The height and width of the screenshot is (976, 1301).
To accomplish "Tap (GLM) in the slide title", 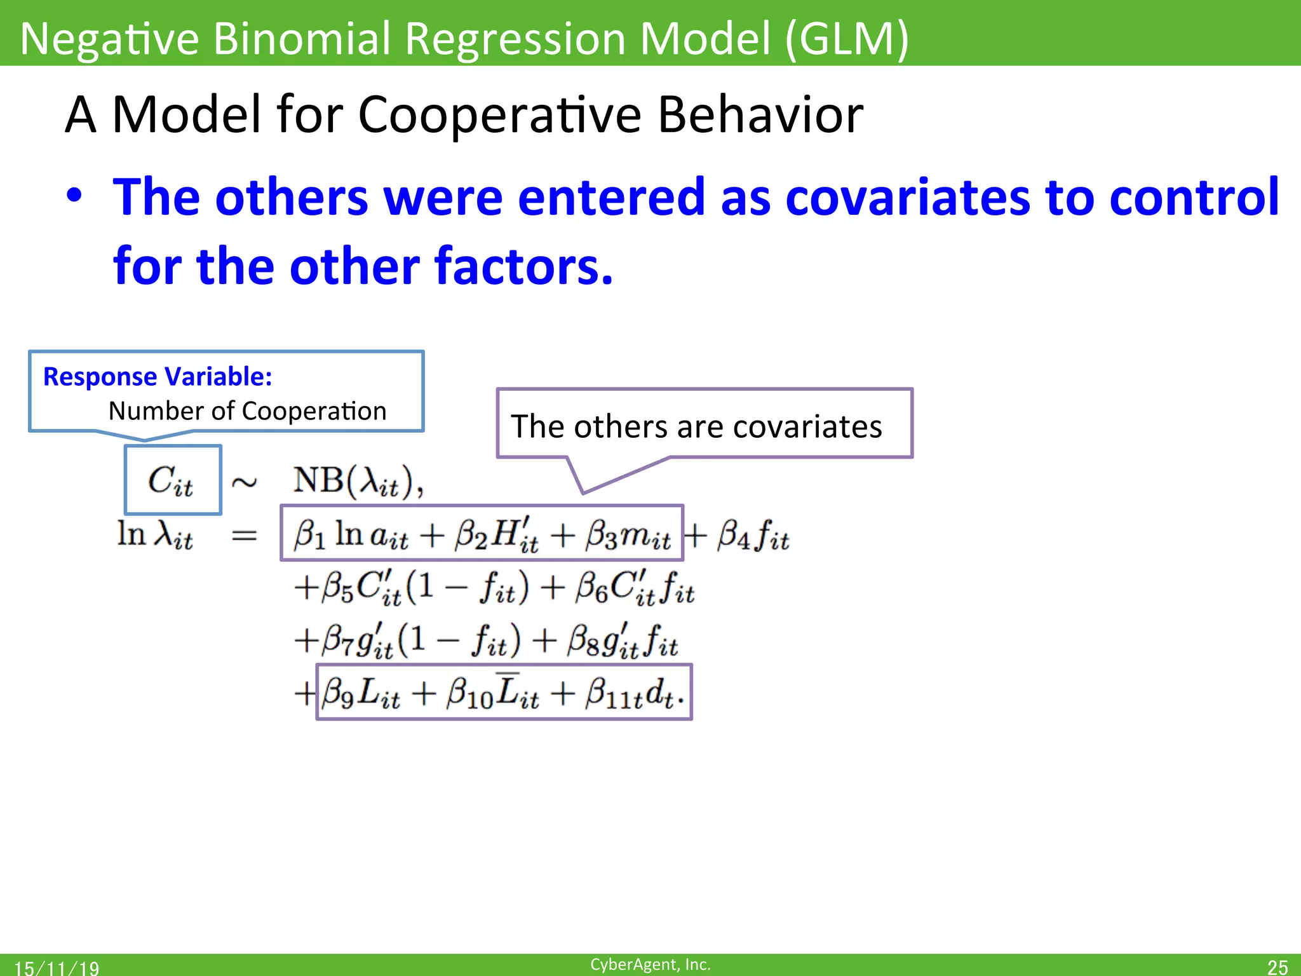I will click(x=846, y=38).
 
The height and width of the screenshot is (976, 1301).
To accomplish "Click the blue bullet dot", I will click(x=74, y=197).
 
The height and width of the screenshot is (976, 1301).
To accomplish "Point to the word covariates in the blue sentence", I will click(x=907, y=197).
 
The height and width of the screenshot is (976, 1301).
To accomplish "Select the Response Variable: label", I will click(x=158, y=377).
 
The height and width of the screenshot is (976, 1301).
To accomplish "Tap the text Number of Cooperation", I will click(x=247, y=411).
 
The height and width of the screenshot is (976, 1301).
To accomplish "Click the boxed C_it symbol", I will click(x=172, y=480).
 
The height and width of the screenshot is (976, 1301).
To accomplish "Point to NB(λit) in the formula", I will click(x=358, y=481).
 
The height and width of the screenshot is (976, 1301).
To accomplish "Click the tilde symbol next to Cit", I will click(x=244, y=483).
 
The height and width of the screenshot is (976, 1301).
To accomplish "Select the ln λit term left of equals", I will click(x=155, y=535).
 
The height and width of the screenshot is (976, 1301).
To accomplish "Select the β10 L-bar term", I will click(x=492, y=693).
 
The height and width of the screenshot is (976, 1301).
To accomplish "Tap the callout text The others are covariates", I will click(x=696, y=426).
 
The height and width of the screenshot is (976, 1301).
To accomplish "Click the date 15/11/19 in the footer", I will click(x=57, y=968).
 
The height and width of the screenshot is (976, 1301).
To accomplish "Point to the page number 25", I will click(x=1277, y=966).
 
